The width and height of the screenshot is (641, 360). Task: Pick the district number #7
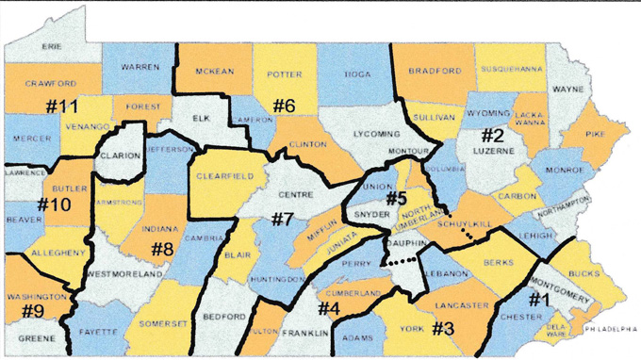[283, 221]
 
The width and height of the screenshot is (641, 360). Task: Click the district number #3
[444, 330]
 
